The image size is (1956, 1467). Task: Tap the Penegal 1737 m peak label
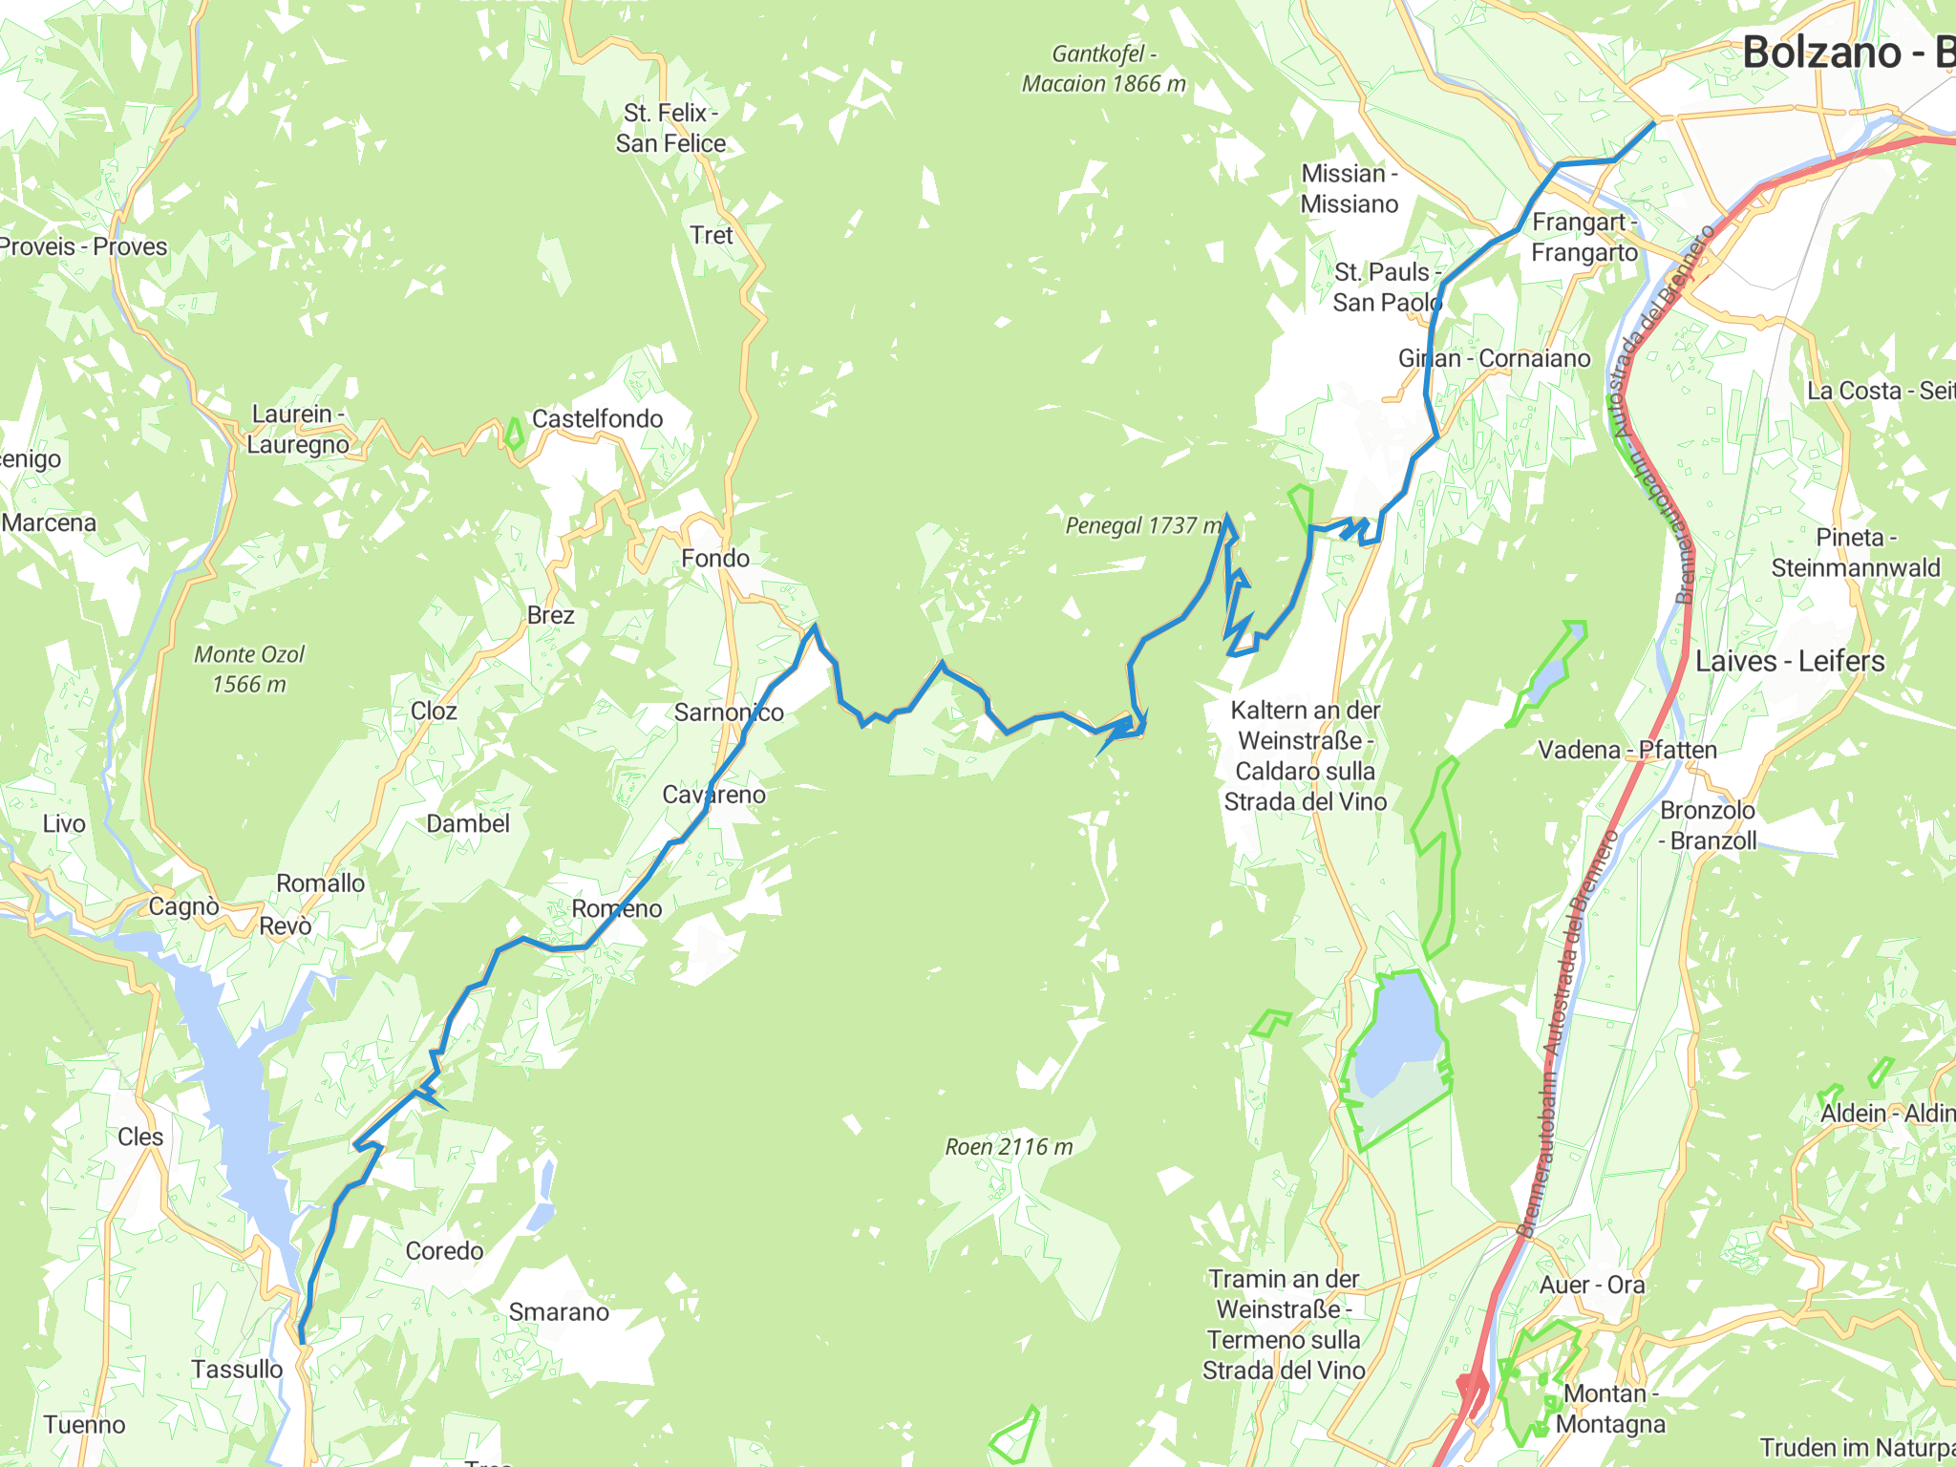(x=1143, y=525)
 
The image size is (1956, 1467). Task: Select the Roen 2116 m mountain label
(x=1009, y=1147)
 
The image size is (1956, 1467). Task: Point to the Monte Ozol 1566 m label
(x=249, y=669)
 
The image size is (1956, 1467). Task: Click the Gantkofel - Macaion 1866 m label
(x=1104, y=69)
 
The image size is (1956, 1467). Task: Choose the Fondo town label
(x=715, y=558)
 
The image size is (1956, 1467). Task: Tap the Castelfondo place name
(x=597, y=418)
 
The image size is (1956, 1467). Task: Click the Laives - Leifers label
(x=1790, y=661)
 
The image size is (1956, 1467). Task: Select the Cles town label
(x=140, y=1137)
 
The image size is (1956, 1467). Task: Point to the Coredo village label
(x=444, y=1250)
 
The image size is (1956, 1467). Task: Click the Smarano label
(x=559, y=1311)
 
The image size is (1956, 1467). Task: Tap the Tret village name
(x=711, y=235)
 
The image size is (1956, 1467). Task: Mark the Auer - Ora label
(x=1592, y=1285)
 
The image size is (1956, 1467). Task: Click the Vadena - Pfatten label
(x=1627, y=750)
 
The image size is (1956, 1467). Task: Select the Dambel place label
(x=468, y=823)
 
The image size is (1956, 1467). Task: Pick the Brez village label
(x=551, y=615)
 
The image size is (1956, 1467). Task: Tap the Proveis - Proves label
(x=84, y=246)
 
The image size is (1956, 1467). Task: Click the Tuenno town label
(x=84, y=1424)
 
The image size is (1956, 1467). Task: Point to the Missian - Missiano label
(x=1350, y=188)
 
